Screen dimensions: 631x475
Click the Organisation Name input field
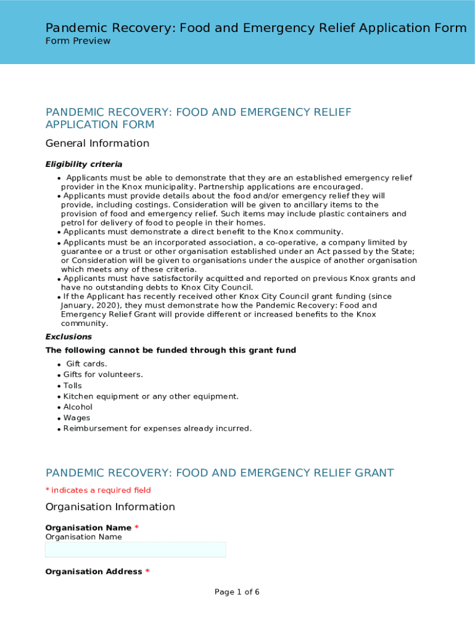pos(136,550)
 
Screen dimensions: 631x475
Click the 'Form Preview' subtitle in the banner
pos(78,41)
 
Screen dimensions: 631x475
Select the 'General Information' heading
pos(97,144)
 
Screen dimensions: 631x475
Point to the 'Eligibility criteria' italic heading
pos(84,165)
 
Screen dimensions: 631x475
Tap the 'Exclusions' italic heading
pos(68,337)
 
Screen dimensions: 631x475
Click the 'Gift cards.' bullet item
pos(86,364)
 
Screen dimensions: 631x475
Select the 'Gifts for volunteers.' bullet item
pos(103,375)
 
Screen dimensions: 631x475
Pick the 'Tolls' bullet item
pos(73,386)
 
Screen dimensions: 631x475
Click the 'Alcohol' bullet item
pos(78,407)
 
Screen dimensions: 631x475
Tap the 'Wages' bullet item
pos(76,418)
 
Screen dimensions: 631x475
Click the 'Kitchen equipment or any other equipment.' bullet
pos(151,396)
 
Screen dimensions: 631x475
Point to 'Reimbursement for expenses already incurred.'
pos(157,429)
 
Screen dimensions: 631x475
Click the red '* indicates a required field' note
pos(98,491)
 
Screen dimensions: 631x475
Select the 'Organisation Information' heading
pos(110,507)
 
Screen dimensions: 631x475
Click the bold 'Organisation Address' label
pos(94,572)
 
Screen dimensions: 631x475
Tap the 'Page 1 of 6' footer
pos(237,592)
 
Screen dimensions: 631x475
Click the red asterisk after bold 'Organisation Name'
pos(137,528)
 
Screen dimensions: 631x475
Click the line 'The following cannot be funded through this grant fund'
pos(171,351)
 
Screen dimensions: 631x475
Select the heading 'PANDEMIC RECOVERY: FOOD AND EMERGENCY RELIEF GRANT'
pos(220,473)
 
